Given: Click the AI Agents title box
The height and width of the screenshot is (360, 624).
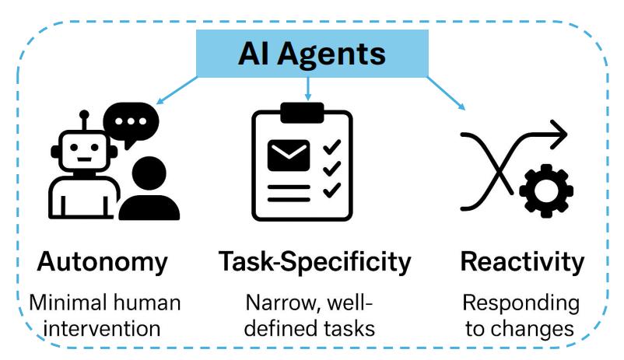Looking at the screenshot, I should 311,54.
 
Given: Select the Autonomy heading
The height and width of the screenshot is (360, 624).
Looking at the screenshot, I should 102,262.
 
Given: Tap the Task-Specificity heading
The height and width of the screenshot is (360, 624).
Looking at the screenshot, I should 314,262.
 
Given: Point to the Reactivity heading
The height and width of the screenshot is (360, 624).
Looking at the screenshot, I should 522,262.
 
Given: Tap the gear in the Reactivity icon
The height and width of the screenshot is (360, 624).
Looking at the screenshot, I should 545,189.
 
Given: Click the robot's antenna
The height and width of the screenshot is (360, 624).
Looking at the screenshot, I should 85,119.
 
